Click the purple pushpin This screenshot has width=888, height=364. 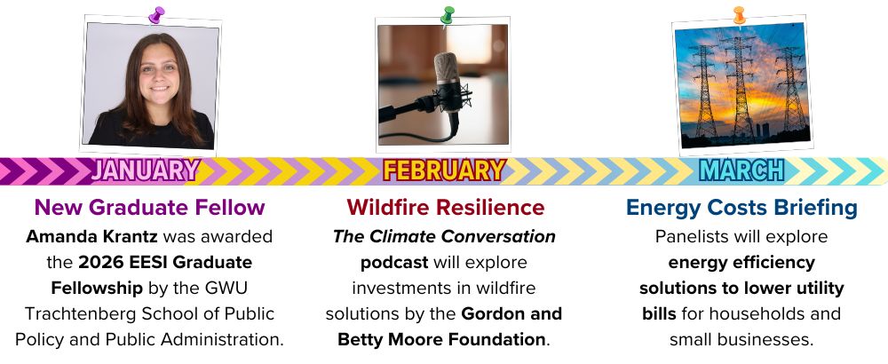point(156,15)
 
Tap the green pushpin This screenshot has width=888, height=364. point(448,15)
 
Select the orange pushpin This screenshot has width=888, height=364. point(739,15)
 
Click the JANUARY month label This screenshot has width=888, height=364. point(146,170)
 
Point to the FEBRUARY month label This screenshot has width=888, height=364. point(444,170)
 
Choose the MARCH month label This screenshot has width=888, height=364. point(741,170)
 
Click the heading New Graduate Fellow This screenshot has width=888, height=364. point(149,207)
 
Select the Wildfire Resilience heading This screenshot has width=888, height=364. point(446,207)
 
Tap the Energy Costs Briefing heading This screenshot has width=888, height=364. point(741,207)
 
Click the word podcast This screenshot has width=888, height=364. point(394,263)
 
